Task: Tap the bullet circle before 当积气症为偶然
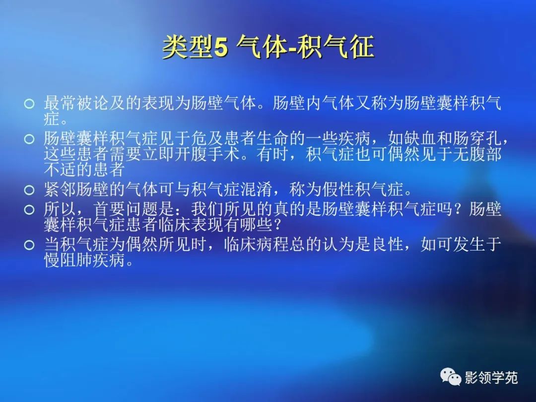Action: (x=30, y=245)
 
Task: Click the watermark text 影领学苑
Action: (x=491, y=378)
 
